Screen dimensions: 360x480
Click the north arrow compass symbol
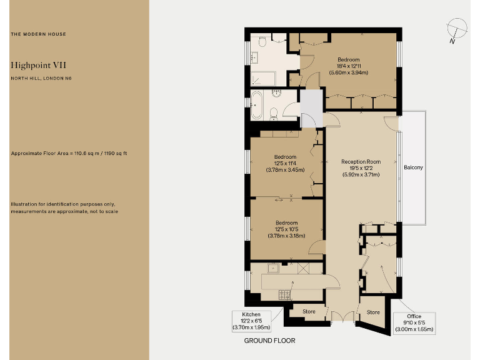(x=457, y=29)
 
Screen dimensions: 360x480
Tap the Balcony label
(x=413, y=167)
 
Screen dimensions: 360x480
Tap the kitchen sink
(x=273, y=268)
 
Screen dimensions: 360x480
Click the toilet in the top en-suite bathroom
(x=263, y=41)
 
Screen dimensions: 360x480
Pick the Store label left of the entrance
(x=309, y=311)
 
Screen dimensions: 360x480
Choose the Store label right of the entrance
(x=373, y=312)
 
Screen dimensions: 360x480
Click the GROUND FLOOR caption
(x=269, y=341)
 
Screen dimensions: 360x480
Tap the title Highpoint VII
(x=38, y=64)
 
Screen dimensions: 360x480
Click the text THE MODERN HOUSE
(x=38, y=34)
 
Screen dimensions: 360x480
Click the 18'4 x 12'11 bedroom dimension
(x=348, y=66)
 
